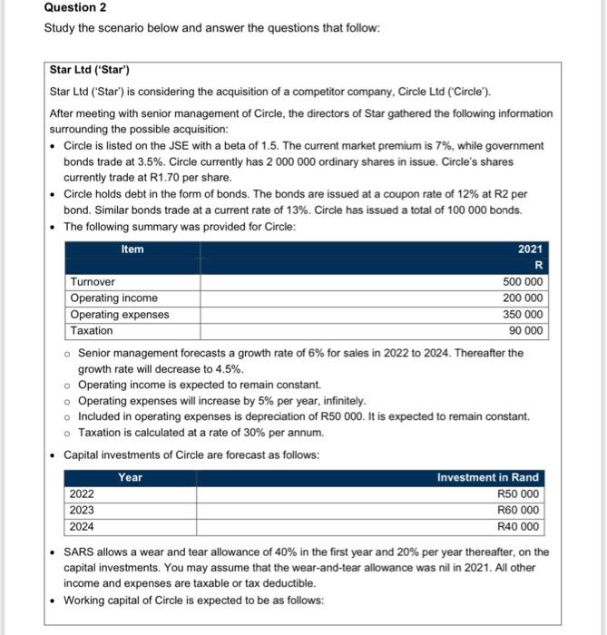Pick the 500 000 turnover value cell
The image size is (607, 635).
(523, 282)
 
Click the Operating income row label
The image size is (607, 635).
(113, 298)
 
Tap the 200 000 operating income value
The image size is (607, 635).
(523, 298)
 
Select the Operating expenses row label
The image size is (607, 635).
(119, 315)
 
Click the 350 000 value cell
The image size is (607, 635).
(523, 315)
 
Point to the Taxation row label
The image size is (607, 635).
(92, 331)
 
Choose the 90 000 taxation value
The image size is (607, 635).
(526, 331)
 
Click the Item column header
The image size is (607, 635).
(132, 249)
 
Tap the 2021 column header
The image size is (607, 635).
(530, 249)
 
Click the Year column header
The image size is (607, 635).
(130, 477)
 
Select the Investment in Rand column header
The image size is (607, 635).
(487, 477)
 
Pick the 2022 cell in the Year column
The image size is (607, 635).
(83, 494)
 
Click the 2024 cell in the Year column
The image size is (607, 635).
(83, 527)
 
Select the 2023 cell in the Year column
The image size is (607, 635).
(83, 511)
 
